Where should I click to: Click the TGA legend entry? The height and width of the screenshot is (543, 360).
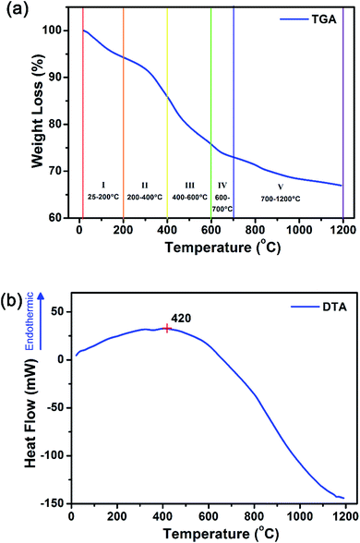pos(313,18)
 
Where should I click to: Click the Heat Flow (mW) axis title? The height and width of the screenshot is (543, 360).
pos(30,406)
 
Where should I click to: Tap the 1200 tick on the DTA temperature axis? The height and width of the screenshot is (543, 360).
pos(342,517)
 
